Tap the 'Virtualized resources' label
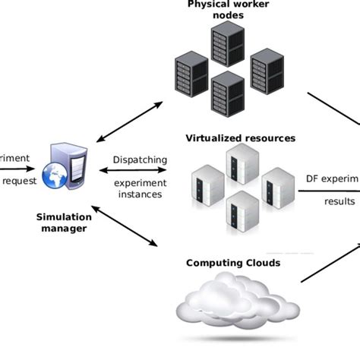pos(240,139)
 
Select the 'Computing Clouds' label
pos(232,264)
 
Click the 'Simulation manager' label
pos(64,223)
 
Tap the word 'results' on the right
pos(339,201)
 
